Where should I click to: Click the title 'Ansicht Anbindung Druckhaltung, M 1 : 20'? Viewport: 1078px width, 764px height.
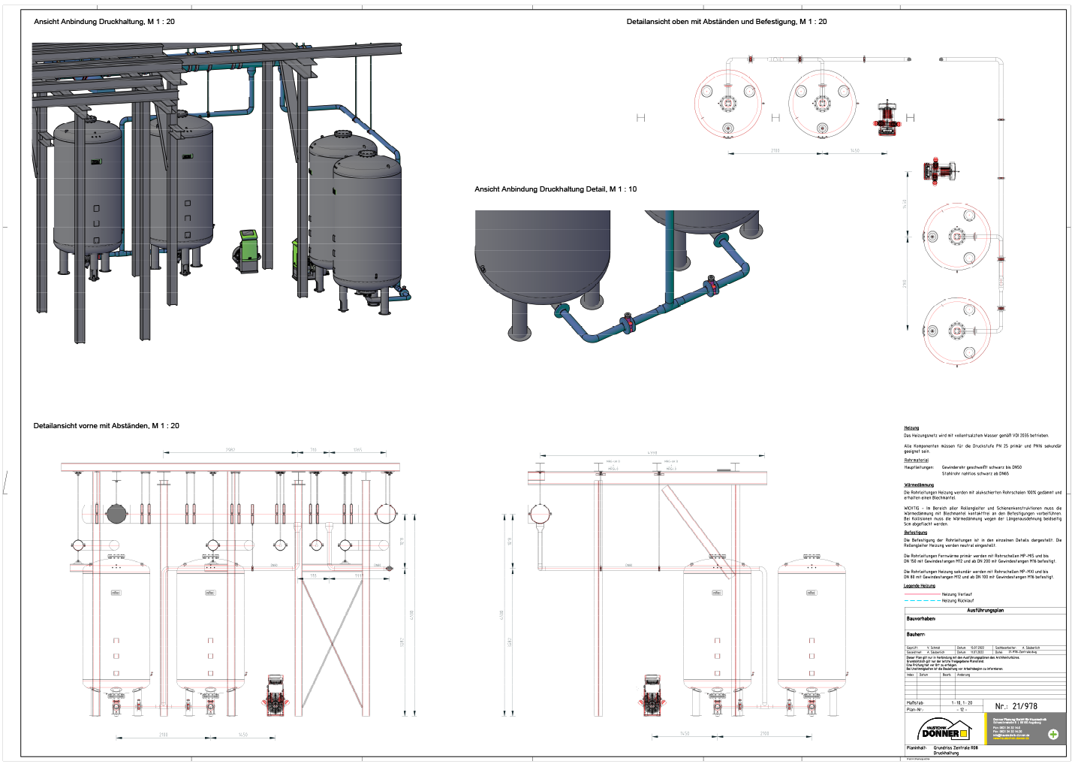point(104,22)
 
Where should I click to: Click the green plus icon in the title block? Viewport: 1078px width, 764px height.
point(1053,734)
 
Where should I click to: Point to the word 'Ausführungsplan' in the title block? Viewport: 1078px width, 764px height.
point(985,611)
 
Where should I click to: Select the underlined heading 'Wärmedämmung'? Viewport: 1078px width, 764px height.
point(919,485)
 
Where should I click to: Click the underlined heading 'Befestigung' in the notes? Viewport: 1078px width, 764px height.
point(915,533)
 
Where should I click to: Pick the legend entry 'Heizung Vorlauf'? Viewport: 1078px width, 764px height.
point(956,594)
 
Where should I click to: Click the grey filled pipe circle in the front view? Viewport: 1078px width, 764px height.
point(116,514)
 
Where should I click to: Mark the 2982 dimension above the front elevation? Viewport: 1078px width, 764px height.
point(230,450)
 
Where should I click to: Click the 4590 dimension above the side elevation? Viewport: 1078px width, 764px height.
point(652,453)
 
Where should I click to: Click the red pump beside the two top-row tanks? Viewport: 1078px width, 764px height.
point(888,119)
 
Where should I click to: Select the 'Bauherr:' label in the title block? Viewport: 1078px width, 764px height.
point(916,635)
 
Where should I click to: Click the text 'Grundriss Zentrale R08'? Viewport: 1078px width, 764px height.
point(956,748)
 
